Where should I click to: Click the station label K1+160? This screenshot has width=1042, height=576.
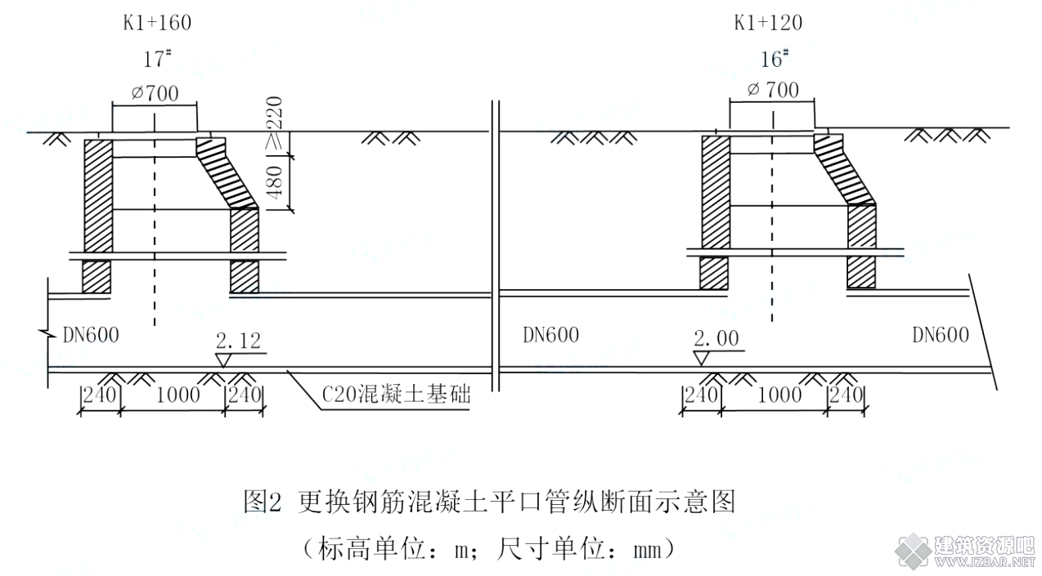pyautogui.click(x=157, y=23)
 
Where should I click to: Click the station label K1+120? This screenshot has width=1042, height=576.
pyautogui.click(x=768, y=23)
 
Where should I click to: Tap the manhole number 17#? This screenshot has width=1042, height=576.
pyautogui.click(x=157, y=59)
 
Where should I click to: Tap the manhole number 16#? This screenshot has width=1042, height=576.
pyautogui.click(x=775, y=59)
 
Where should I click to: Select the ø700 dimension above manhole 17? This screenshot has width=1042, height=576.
pyautogui.click(x=155, y=93)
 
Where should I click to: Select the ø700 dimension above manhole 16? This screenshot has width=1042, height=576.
pyautogui.click(x=773, y=90)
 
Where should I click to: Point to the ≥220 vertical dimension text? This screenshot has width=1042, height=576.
pyautogui.click(x=275, y=123)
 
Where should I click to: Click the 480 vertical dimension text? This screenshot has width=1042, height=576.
pyautogui.click(x=276, y=182)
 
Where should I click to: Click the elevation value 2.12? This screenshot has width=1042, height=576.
pyautogui.click(x=238, y=341)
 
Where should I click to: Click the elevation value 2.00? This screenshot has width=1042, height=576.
pyautogui.click(x=716, y=338)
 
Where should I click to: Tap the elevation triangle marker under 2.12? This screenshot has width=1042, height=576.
pyautogui.click(x=223, y=360)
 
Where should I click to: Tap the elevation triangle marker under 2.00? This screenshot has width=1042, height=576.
pyautogui.click(x=702, y=358)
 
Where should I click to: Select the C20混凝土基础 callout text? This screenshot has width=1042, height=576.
pyautogui.click(x=396, y=395)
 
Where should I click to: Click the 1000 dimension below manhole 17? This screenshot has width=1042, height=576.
pyautogui.click(x=177, y=395)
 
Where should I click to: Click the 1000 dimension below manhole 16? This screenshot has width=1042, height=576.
pyautogui.click(x=779, y=395)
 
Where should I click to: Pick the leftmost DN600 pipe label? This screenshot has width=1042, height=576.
pyautogui.click(x=91, y=335)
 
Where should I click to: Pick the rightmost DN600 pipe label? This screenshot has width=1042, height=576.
pyautogui.click(x=941, y=335)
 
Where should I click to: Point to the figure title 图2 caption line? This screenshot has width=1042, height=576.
pyautogui.click(x=489, y=502)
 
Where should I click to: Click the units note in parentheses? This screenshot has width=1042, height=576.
pyautogui.click(x=489, y=549)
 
